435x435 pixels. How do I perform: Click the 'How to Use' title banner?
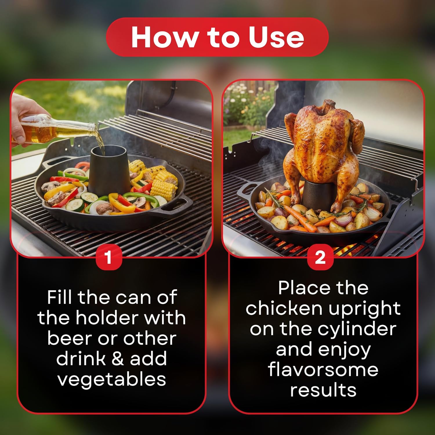(x=217, y=37)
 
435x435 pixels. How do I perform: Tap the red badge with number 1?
(x=108, y=257)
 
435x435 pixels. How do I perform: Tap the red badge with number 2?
(x=320, y=257)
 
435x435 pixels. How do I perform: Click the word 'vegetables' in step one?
(x=112, y=379)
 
